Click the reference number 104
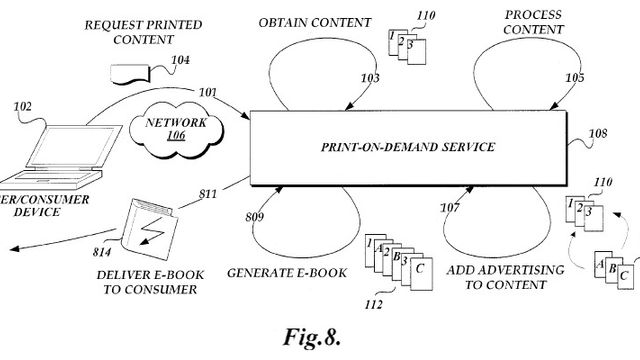pos(180,60)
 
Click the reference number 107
pos(453,209)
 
